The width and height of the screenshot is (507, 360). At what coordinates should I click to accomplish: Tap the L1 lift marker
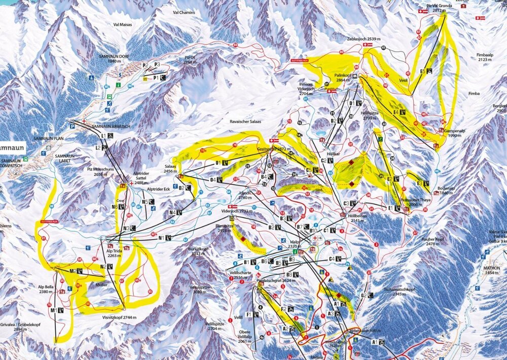104,136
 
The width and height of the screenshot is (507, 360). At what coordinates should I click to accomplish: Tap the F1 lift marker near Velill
249,314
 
